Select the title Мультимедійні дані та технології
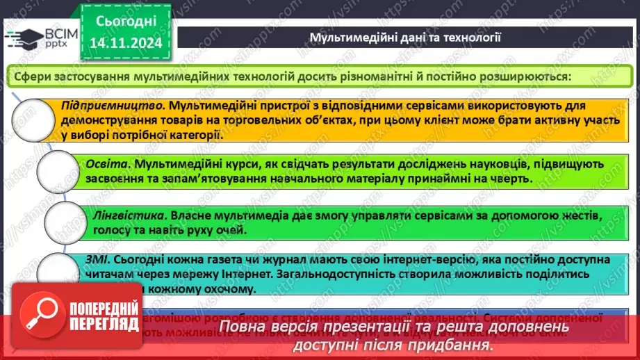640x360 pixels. (405, 37)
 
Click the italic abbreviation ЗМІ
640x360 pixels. (98, 259)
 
